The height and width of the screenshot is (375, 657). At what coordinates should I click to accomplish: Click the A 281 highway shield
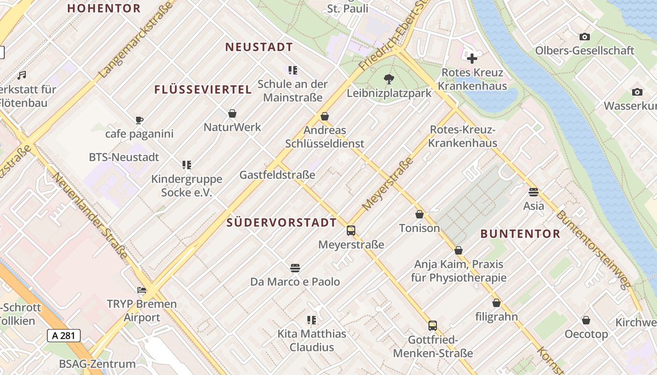tap(64, 335)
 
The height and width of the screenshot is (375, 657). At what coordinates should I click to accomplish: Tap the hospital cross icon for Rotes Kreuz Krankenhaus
tap(472, 59)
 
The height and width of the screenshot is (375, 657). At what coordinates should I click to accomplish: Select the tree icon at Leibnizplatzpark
tap(389, 79)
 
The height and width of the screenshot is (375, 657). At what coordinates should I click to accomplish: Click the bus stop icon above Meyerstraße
tap(351, 231)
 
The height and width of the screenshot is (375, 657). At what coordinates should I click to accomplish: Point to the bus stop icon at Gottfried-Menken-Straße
tap(432, 325)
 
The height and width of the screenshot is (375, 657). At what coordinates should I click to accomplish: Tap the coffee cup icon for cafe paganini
tap(139, 120)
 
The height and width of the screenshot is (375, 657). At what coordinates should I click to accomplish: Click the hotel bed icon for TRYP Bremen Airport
tap(142, 290)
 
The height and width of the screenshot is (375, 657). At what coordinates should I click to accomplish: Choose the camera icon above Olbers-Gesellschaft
tap(584, 37)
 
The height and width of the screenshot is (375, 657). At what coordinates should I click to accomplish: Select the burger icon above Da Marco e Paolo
tap(295, 268)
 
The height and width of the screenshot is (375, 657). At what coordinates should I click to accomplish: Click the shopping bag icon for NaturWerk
tap(232, 113)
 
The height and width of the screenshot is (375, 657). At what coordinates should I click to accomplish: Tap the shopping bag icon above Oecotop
tap(586, 321)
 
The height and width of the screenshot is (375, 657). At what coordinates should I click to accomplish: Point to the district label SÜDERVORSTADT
tap(282, 223)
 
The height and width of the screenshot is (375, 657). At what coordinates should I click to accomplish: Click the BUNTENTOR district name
tap(520, 234)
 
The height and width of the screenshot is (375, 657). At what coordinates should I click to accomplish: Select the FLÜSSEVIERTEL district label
tap(203, 90)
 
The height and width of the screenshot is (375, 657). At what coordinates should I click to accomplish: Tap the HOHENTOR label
tap(104, 8)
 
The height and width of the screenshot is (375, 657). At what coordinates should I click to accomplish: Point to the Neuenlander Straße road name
tap(89, 216)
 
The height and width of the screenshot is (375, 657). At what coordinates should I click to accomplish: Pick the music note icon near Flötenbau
tap(22, 75)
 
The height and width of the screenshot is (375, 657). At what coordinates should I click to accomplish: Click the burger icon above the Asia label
tap(533, 192)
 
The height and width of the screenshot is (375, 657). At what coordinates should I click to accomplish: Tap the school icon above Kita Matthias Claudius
tap(311, 320)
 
